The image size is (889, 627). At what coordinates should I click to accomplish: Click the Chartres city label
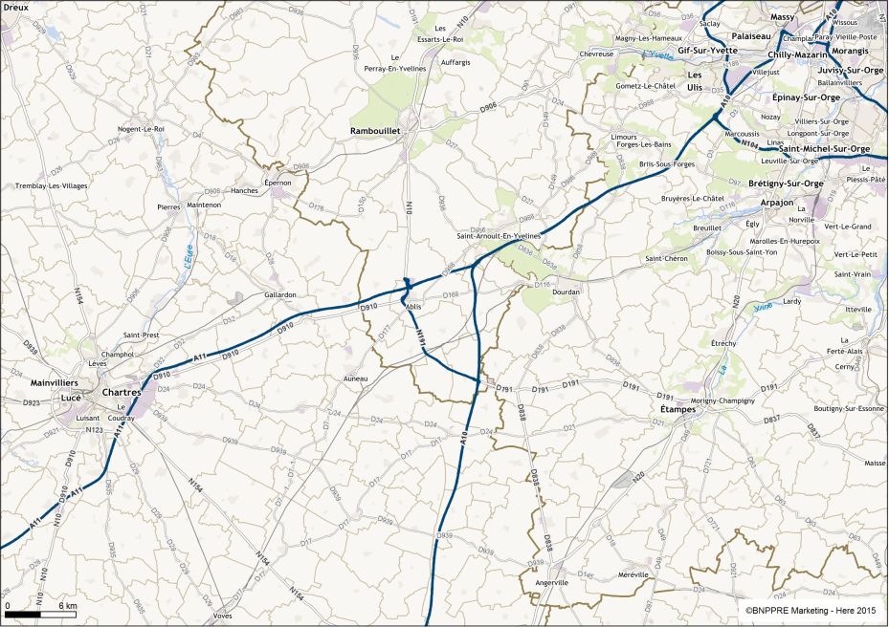(122, 392)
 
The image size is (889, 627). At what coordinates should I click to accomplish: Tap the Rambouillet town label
(379, 131)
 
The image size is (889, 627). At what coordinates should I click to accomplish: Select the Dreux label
(15, 8)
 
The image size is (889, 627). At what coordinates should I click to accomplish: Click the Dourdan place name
(567, 292)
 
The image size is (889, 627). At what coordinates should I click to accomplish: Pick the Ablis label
(413, 306)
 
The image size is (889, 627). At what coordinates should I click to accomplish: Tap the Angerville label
(552, 582)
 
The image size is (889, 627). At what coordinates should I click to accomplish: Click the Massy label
(783, 17)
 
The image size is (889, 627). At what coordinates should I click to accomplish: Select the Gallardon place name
(280, 295)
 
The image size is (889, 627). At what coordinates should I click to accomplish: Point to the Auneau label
(355, 379)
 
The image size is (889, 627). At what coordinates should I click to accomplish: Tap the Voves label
(223, 616)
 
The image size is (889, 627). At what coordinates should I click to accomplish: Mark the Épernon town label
(278, 182)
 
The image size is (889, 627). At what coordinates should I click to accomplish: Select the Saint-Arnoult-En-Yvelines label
(499, 235)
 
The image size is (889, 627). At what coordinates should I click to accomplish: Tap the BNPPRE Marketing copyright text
(811, 610)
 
